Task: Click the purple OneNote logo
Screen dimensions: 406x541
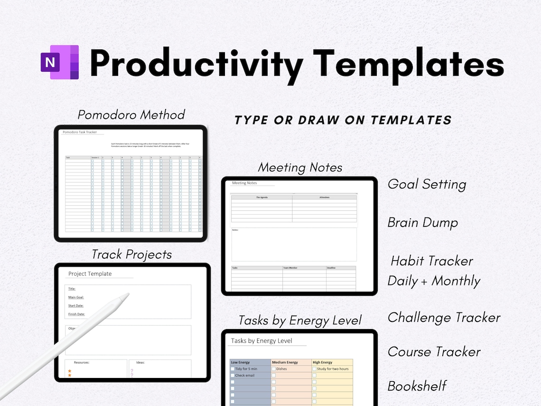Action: (60, 62)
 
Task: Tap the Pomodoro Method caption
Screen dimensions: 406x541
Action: (131, 115)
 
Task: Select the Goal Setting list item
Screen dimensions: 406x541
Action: (427, 184)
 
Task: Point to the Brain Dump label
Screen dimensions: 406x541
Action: (422, 223)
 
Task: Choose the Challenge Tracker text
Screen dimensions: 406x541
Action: (444, 318)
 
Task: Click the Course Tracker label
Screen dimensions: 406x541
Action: (434, 352)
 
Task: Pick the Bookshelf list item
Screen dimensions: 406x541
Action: (417, 386)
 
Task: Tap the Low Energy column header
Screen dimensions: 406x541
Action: (241, 362)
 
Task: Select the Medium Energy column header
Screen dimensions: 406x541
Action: (285, 362)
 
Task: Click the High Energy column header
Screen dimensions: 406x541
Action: (323, 362)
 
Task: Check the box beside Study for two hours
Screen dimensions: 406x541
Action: (314, 369)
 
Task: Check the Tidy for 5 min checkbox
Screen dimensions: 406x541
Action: (233, 369)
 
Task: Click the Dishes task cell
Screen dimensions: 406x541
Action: (282, 369)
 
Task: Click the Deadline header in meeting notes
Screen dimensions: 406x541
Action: (331, 268)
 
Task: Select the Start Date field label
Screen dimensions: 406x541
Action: (76, 305)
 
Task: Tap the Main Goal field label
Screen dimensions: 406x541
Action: (76, 297)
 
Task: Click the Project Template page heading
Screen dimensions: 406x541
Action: (90, 274)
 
